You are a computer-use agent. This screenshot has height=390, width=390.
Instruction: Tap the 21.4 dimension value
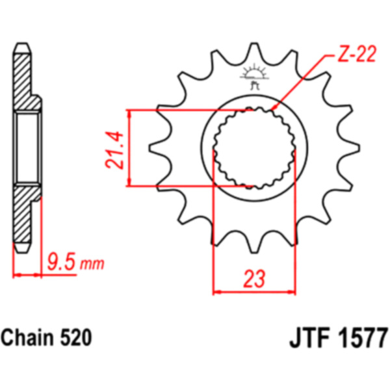point(114,151)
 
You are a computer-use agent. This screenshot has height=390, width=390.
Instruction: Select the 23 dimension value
point(254,279)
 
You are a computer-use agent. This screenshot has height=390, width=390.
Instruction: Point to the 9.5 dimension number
point(61,262)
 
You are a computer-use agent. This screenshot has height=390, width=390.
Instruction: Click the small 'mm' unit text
point(92,265)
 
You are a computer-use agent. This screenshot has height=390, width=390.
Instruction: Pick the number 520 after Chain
point(76,337)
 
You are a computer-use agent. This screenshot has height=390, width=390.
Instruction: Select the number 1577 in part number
point(362,338)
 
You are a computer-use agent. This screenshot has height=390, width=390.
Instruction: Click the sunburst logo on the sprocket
point(254,75)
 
